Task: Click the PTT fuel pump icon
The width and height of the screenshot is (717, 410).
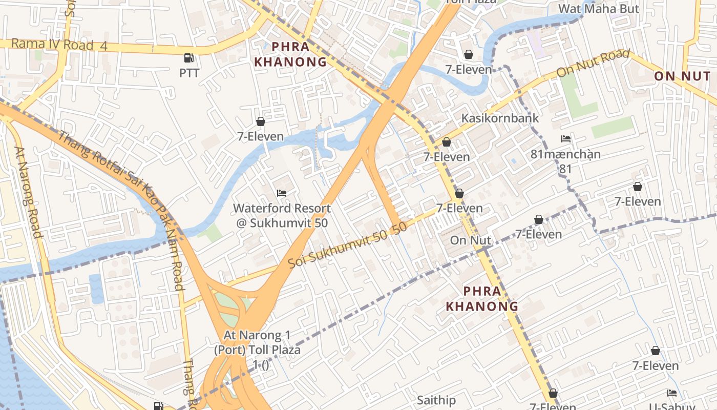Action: (189, 58)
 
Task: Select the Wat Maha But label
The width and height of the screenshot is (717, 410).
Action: (598, 9)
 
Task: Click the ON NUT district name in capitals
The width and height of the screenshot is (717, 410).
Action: (682, 76)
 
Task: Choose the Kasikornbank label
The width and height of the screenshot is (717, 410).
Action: (500, 118)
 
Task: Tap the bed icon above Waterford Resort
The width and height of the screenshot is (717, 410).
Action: (282, 193)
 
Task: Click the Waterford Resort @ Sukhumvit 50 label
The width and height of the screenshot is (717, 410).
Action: (282, 216)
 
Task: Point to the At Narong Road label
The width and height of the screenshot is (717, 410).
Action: (28, 193)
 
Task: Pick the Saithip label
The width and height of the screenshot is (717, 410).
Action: (436, 400)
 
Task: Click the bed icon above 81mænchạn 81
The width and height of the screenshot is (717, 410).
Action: (566, 139)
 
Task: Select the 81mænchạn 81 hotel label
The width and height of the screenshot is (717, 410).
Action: (565, 161)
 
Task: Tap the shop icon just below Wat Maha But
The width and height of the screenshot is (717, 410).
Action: (469, 54)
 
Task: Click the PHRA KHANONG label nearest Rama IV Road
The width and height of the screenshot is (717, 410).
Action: (290, 54)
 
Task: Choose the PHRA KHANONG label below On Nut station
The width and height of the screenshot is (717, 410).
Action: (482, 299)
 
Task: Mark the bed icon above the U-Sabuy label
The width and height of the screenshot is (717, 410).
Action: (672, 393)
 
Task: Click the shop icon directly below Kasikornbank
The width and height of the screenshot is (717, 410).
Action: (447, 142)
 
